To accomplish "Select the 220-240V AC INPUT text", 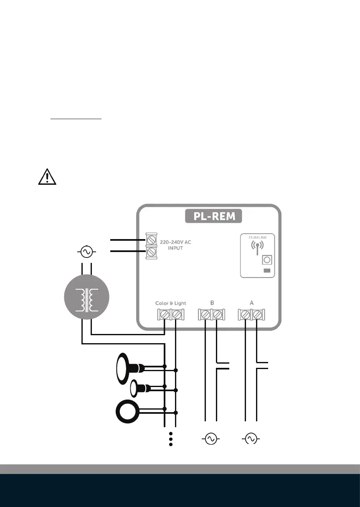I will tap(176, 244).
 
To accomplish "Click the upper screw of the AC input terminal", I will tap(151, 240).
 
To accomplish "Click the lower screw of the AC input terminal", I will tap(151, 252).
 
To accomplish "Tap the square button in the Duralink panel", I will tap(266, 260).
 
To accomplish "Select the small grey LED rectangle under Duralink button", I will tap(267, 271).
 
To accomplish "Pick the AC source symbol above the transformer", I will tap(86, 252).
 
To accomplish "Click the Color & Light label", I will tap(170, 303).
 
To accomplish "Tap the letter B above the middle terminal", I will tap(211, 303).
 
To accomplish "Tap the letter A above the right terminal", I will tap(252, 303).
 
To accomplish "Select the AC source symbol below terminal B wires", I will tap(210, 439).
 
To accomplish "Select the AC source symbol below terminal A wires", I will tap(251, 439).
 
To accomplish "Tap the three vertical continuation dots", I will tap(171, 440).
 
